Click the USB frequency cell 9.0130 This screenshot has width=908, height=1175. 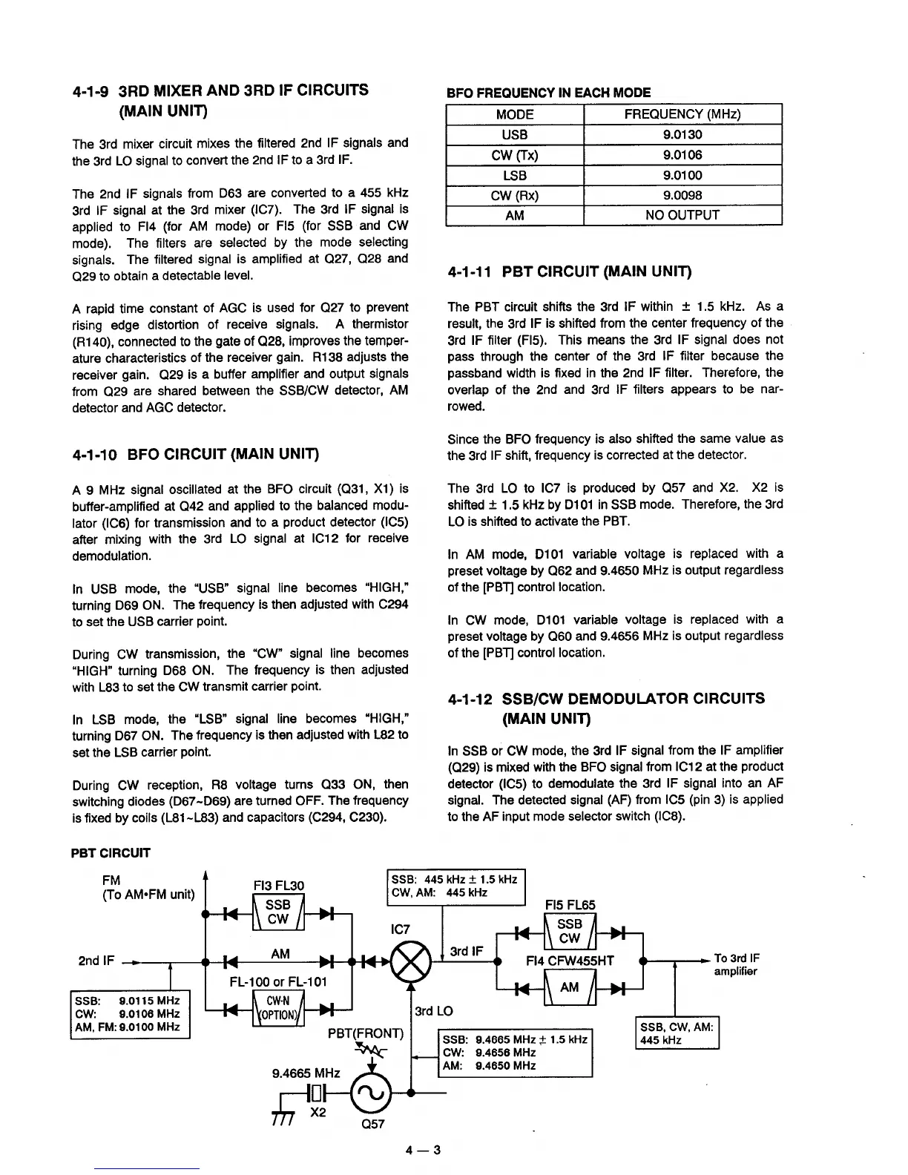[x=682, y=134]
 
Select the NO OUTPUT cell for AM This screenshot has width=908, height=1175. [x=682, y=215]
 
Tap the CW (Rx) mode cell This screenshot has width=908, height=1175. [x=514, y=195]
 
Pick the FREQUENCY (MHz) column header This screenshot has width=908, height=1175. [x=682, y=114]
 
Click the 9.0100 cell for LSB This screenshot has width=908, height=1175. [x=682, y=175]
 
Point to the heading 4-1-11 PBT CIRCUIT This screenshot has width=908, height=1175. [x=569, y=272]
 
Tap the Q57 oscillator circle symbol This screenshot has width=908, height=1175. [x=370, y=1093]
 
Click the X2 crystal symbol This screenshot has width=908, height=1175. [x=317, y=1093]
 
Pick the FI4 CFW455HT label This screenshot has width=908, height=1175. [x=570, y=961]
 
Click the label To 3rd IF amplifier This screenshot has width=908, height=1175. [x=736, y=964]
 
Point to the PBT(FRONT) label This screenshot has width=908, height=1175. [x=365, y=1033]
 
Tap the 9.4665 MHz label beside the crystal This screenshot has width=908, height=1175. [x=306, y=1073]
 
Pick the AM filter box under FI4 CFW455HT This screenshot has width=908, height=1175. [x=569, y=988]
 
